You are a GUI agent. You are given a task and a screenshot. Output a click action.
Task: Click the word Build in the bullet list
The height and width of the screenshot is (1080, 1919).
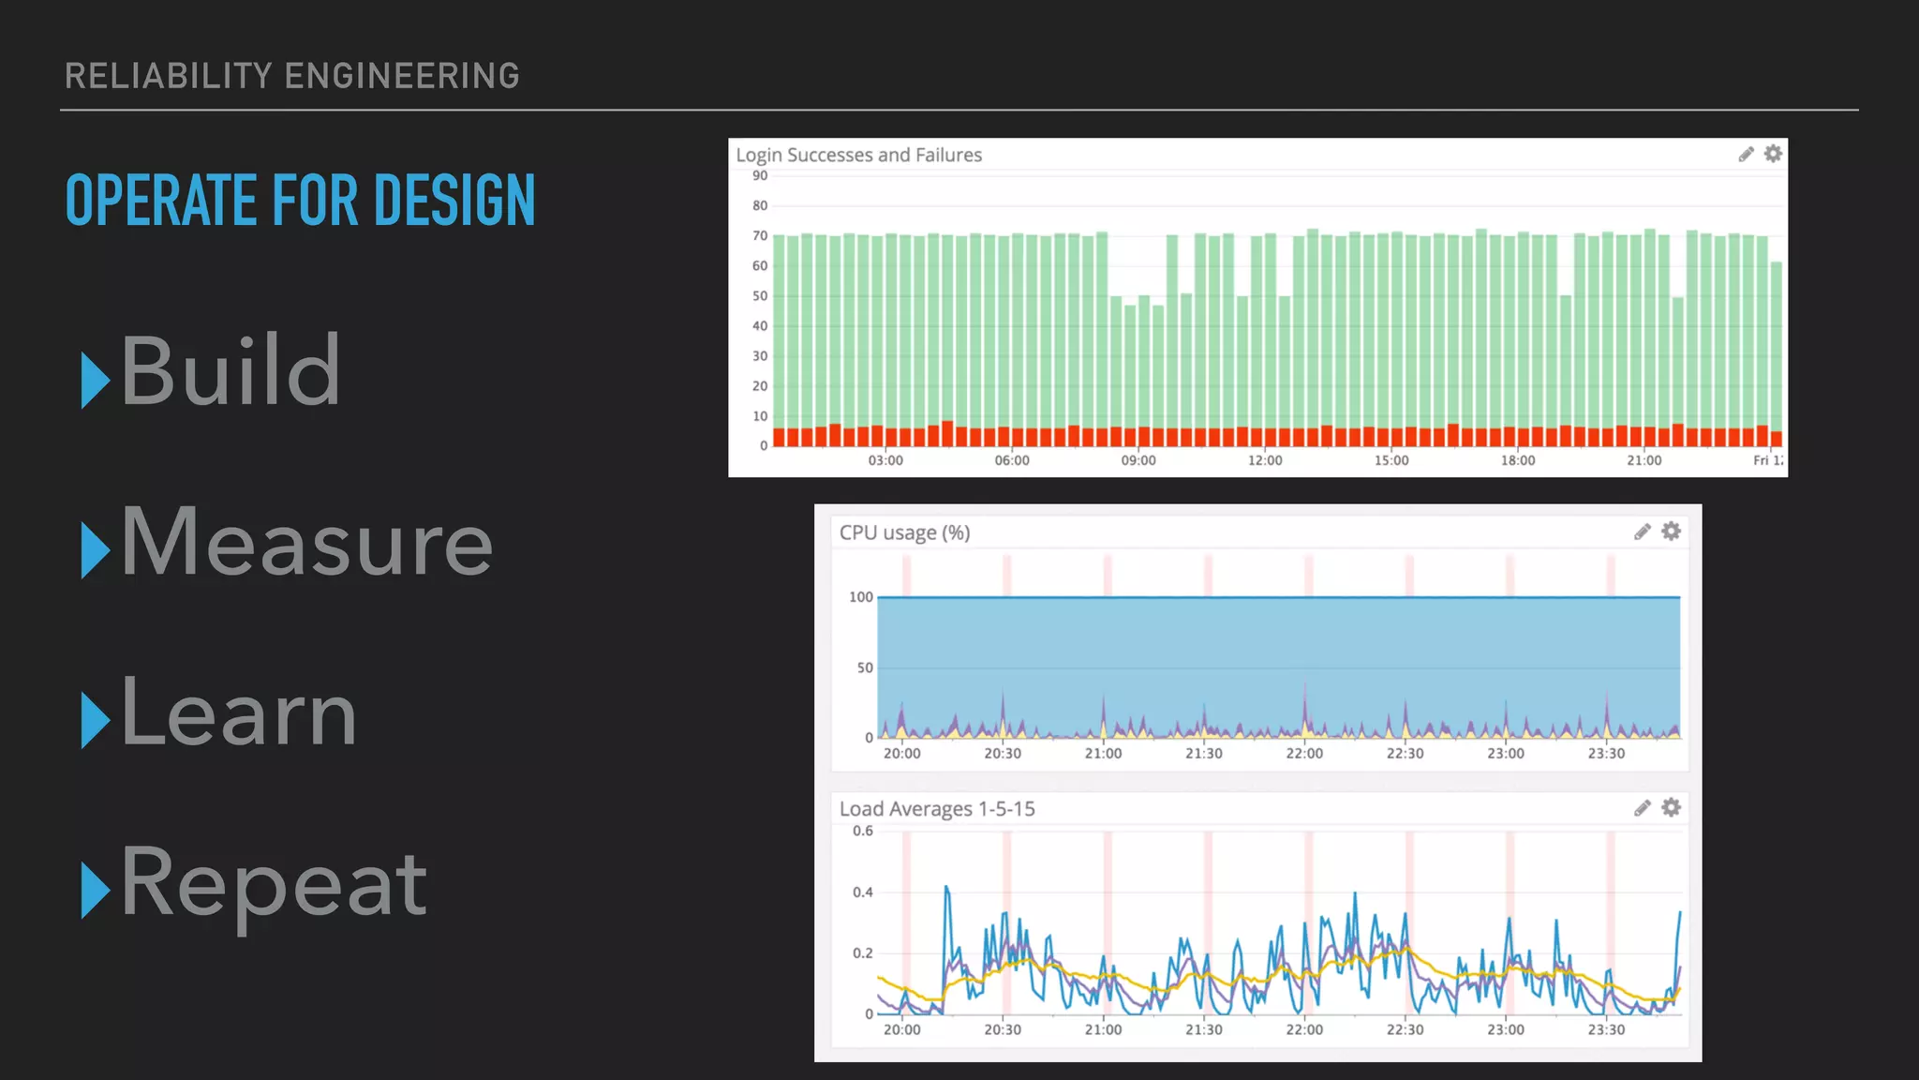click(x=231, y=372)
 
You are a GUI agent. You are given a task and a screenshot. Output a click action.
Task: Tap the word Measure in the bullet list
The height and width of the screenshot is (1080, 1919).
click(x=306, y=543)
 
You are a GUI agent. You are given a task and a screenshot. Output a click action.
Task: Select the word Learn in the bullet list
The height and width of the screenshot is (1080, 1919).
click(x=239, y=713)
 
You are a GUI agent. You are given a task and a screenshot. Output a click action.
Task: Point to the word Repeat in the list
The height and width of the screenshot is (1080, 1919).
click(x=274, y=883)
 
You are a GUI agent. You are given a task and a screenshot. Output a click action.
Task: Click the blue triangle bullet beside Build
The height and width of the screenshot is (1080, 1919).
click(x=95, y=380)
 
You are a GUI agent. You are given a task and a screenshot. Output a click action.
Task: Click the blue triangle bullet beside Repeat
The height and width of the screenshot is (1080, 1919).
click(x=95, y=890)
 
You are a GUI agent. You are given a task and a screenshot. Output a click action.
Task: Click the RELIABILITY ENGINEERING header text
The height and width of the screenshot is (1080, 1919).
click(x=292, y=76)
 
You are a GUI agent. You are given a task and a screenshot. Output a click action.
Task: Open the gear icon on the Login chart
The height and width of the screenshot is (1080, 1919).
click(x=1773, y=154)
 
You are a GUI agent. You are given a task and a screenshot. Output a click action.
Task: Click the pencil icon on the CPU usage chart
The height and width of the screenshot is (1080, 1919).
click(x=1642, y=532)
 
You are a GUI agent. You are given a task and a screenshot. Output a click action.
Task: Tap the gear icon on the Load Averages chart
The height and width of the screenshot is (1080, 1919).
click(x=1671, y=807)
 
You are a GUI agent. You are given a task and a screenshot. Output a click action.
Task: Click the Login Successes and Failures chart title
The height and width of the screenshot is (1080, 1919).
click(x=858, y=155)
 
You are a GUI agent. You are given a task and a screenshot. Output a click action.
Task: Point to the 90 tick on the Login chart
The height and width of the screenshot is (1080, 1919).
click(x=760, y=175)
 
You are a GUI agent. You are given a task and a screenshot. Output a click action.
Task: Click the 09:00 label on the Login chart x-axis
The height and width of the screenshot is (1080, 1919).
click(x=1138, y=460)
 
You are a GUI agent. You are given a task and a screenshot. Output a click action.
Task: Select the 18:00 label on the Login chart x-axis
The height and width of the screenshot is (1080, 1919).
click(x=1518, y=460)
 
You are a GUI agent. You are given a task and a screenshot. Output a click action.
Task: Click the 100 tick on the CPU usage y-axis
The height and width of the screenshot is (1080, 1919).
click(x=860, y=597)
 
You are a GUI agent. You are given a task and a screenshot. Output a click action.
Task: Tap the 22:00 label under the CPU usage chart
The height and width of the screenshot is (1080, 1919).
click(x=1304, y=754)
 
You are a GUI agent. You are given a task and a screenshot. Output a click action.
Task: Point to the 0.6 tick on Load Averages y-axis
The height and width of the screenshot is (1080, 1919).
click(x=862, y=831)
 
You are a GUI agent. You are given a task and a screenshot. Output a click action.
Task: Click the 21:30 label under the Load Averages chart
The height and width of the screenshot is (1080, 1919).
click(x=1204, y=1029)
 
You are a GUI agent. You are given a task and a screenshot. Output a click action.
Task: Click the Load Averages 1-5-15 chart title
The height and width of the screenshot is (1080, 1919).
click(x=937, y=809)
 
